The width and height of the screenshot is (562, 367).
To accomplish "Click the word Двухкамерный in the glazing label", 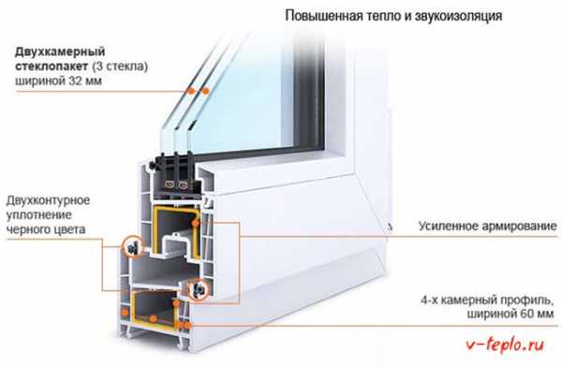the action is point(60,52).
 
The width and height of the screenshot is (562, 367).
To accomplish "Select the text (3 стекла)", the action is point(120,66).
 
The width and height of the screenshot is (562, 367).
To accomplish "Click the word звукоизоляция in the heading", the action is point(458,16).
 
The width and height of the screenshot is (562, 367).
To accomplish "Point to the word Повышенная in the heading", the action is point(324,16).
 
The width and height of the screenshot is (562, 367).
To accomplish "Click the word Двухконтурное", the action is point(48,200).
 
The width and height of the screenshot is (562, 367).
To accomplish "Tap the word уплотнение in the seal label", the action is point(39,215).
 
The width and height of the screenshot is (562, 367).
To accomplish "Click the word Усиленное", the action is point(448,227).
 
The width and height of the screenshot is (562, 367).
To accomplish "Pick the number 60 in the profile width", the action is point(524,314).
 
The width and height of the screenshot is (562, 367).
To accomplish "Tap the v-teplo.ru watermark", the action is point(505,345).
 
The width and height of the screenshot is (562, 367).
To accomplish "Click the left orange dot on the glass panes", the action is point(191,91).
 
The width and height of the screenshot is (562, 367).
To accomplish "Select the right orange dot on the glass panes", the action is point(205,91).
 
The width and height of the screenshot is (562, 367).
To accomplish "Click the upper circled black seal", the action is point(133,246).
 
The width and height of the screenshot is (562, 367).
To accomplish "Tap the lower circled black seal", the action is point(198,289).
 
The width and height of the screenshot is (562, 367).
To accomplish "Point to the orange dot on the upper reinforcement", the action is point(196,223).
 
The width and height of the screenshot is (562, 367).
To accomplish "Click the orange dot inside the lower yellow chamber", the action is point(153,318).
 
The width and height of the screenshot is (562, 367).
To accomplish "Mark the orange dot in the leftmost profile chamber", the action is point(125,312).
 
